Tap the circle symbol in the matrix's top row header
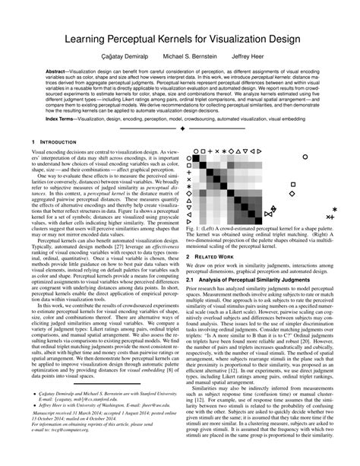coord(196,151)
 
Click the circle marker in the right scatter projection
coord(305,157)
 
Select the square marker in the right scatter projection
coord(293,184)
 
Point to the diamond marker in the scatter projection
coord(292,193)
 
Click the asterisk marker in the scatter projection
coord(335,209)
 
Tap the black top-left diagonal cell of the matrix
coord(196,158)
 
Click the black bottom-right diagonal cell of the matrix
coord(258,220)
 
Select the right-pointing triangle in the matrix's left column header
coord(188,221)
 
